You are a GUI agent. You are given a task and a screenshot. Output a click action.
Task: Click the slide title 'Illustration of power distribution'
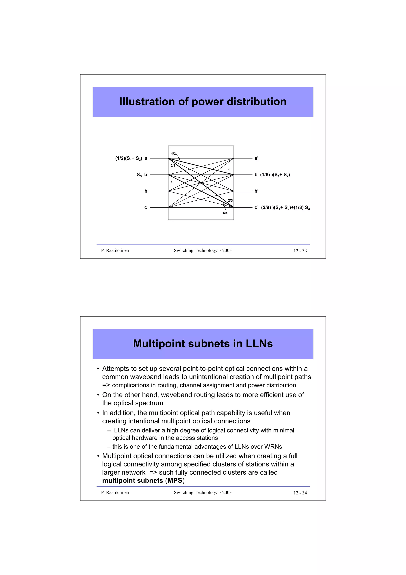pyautogui.click(x=203, y=102)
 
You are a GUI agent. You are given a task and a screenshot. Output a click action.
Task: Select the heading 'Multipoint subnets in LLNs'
pyautogui.click(x=203, y=344)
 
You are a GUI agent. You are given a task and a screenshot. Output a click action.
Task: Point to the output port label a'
pyautogui.click(x=256, y=158)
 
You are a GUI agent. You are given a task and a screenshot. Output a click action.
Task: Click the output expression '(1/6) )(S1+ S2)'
pyautogui.click(x=275, y=175)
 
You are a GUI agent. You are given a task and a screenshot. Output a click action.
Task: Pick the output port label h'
pyautogui.click(x=256, y=191)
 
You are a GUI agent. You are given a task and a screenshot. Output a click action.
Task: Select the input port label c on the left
pyautogui.click(x=146, y=208)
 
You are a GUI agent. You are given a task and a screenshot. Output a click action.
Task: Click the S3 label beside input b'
pyautogui.click(x=139, y=175)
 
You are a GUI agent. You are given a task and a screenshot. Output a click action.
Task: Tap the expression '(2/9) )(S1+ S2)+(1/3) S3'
pyautogui.click(x=285, y=208)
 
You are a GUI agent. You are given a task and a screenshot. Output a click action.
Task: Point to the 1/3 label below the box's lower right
pyautogui.click(x=225, y=213)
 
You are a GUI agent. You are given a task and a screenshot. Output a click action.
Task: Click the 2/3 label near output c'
pyautogui.click(x=230, y=201)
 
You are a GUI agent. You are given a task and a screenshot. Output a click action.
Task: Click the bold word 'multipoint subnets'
pyautogui.click(x=133, y=481)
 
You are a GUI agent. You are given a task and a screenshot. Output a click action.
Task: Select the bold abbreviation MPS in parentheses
pyautogui.click(x=175, y=481)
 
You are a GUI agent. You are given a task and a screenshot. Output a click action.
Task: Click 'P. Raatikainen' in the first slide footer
pyautogui.click(x=115, y=250)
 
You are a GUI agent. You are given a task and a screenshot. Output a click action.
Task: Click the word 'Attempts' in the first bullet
pyautogui.click(x=115, y=369)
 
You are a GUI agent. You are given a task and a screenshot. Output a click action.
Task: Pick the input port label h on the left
pyautogui.click(x=146, y=191)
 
